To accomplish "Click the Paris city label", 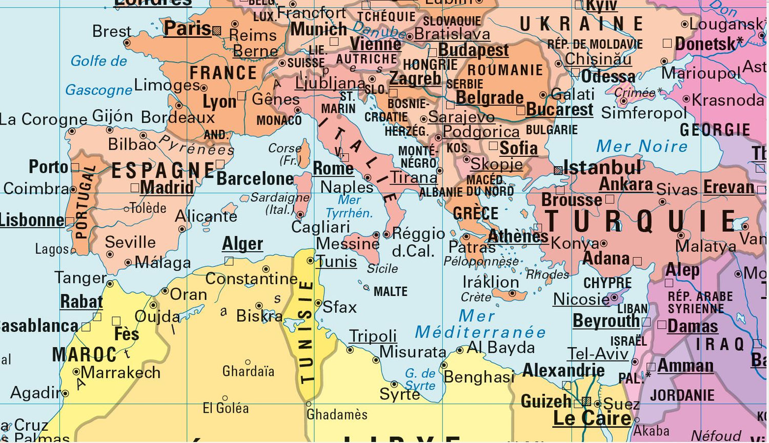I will click(187, 29).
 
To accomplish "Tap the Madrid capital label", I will click(167, 188).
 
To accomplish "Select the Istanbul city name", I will click(602, 168).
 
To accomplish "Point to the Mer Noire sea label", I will click(641, 146).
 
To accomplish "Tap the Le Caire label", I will click(592, 418).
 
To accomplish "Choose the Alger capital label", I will click(242, 244).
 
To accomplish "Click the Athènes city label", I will click(518, 236).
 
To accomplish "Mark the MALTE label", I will click(391, 292).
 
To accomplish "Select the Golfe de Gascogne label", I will click(99, 75).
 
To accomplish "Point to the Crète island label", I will click(476, 297).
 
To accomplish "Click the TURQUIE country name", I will click(641, 221).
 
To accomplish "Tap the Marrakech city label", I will click(120, 373).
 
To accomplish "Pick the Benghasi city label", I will click(479, 377).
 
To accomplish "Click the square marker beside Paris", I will click(217, 30).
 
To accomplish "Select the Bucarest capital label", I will click(559, 110).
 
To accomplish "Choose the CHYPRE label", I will click(608, 283).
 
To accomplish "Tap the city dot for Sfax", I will click(318, 303).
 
